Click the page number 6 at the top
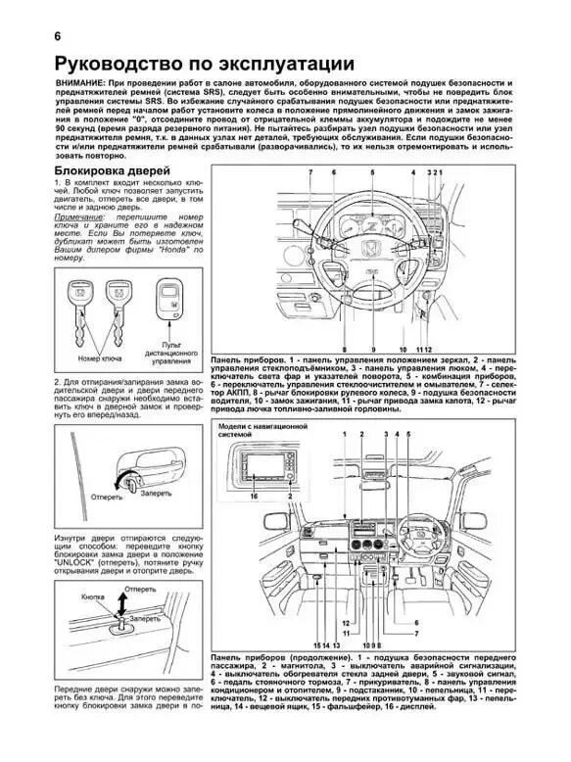(x=31, y=39)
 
